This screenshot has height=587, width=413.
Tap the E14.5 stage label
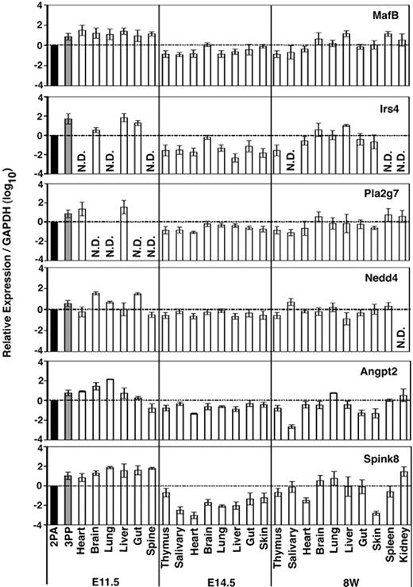point(214,577)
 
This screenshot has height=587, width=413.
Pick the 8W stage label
point(340,577)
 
